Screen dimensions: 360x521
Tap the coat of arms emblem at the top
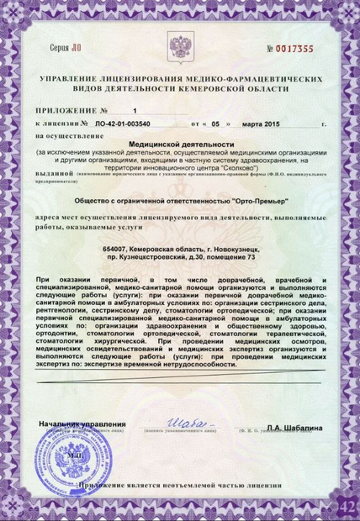pos(179,45)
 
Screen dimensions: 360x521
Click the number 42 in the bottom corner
pos(345,506)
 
